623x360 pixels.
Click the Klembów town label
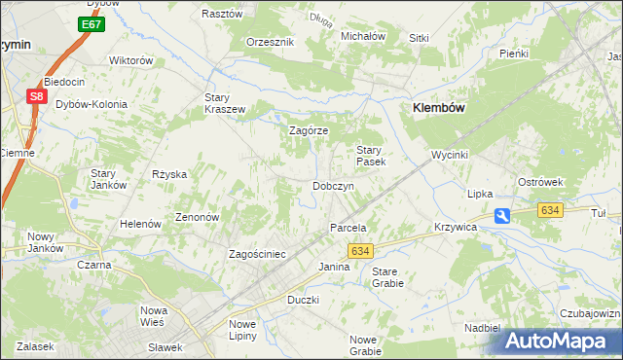pos(436,109)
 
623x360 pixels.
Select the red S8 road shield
pos(36,96)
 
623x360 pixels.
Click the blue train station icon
pos(501,217)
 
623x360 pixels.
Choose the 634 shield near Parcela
pos(360,251)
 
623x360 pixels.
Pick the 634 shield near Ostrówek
pos(551,210)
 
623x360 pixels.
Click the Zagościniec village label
pos(256,254)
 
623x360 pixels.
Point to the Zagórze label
pos(310,130)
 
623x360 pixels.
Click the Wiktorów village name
pos(132,60)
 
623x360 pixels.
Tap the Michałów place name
pos(363,36)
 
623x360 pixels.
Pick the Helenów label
pos(140,224)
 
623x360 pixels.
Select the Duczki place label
pos(304,300)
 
